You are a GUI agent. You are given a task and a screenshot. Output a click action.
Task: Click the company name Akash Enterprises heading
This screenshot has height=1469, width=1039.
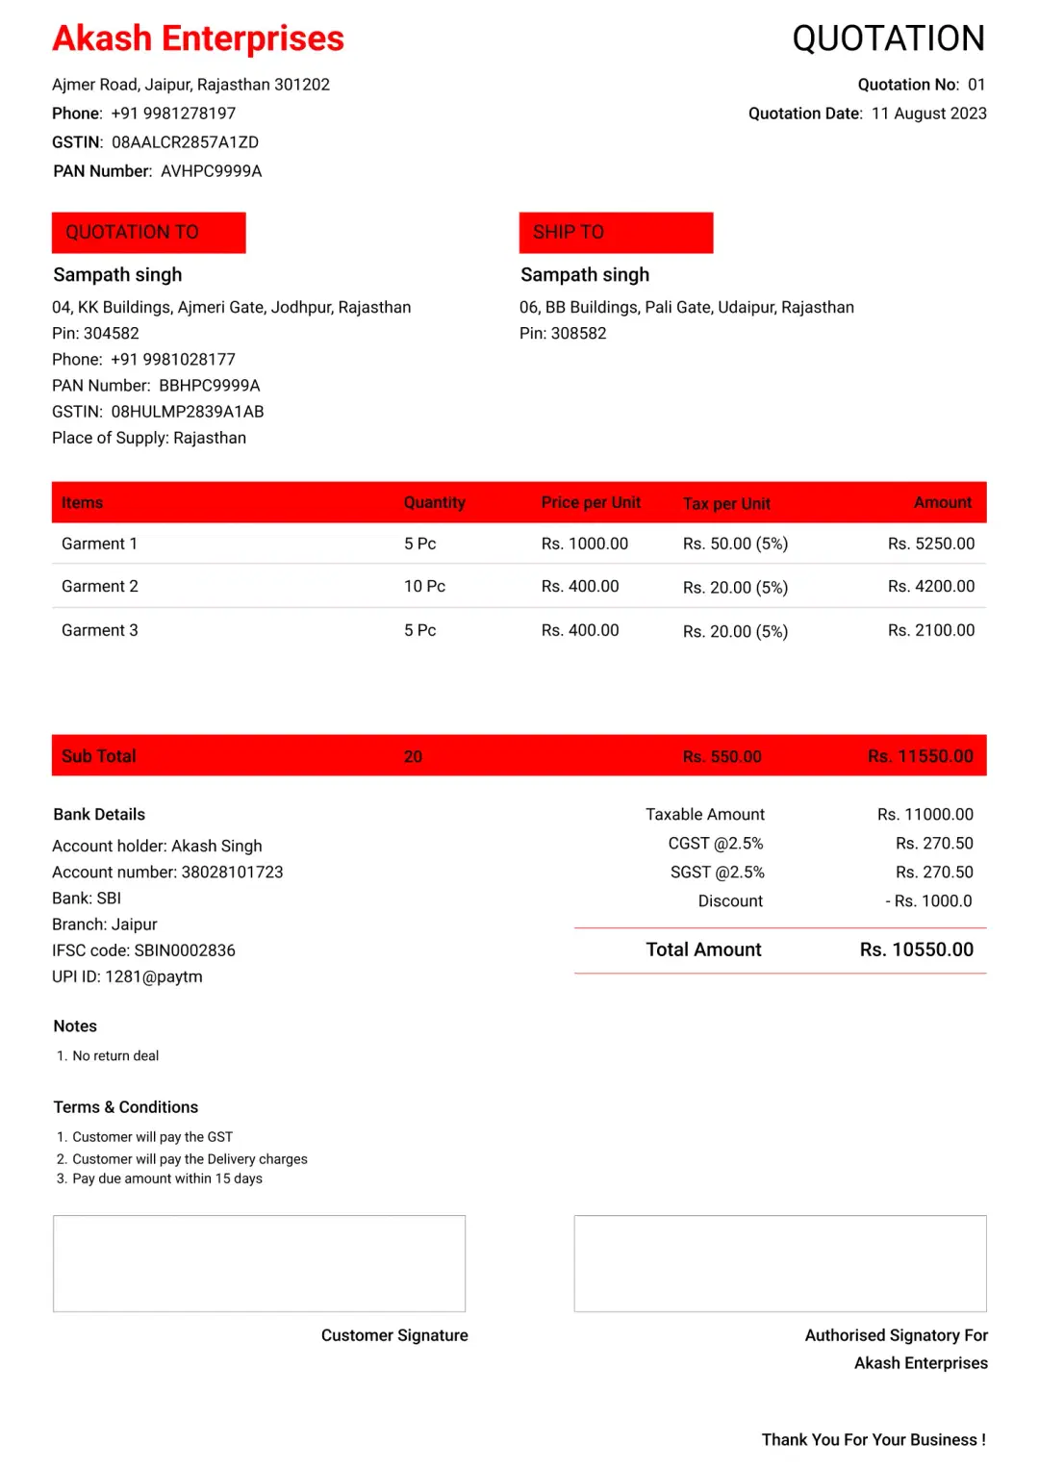pos(197,38)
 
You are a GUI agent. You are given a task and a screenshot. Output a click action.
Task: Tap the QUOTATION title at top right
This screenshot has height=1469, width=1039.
pos(888,38)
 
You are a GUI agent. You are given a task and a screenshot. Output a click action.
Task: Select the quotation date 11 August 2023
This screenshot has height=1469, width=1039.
pos(928,114)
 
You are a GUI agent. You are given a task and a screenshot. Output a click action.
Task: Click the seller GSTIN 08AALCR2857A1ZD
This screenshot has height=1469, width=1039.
pos(185,142)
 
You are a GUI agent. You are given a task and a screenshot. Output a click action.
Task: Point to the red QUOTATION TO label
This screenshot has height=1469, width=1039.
pos(149,233)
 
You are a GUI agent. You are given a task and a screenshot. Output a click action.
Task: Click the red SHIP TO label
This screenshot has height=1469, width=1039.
pos(616,233)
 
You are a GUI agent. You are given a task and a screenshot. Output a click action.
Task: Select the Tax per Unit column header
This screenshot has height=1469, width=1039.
pos(726,503)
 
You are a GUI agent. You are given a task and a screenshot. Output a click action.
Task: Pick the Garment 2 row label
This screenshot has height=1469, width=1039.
pos(100,586)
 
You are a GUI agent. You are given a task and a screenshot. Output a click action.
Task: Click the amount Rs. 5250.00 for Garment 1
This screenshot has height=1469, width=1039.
pos(930,544)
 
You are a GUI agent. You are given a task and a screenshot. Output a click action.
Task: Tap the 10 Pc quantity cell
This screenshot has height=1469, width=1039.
pos(424,586)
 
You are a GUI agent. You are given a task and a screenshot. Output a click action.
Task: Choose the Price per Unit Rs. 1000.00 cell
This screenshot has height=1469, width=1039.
pos(584,544)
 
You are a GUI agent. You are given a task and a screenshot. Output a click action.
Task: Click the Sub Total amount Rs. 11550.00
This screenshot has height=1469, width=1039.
pos(920,756)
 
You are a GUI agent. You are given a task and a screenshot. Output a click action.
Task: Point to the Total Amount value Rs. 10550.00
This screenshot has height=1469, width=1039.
pos(916,950)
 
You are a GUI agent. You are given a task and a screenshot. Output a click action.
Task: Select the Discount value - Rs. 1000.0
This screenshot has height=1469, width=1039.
pos(928,901)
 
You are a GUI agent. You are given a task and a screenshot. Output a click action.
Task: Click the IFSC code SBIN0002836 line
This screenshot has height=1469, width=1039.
pos(143,950)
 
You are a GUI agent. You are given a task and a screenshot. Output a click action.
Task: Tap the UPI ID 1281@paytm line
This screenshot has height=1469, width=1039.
pos(127,976)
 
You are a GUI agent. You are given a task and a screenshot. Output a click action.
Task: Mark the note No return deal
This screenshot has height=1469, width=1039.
pos(115,1055)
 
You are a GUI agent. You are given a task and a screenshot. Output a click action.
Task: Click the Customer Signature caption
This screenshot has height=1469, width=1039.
pos(394,1335)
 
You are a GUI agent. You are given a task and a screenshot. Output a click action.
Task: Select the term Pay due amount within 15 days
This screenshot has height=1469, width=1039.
pos(166,1178)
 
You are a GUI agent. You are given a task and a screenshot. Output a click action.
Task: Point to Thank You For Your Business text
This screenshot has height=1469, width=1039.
pos(873,1439)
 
